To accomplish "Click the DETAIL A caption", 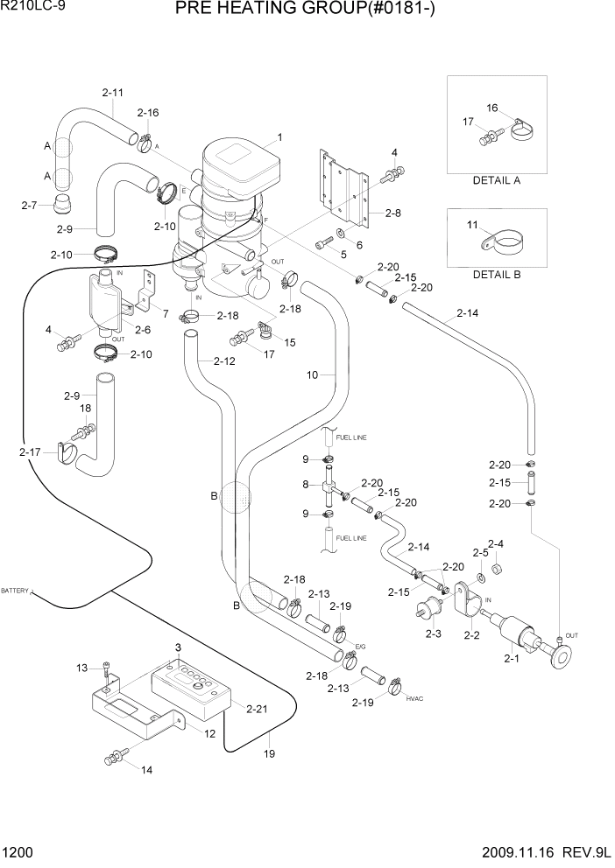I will coord(496,181).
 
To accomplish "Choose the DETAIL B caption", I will coord(496,274).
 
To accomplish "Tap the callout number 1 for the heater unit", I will coord(279,137).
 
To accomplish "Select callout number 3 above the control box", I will coord(178,647).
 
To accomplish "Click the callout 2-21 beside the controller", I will coord(258,709).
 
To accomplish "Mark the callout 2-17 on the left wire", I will coord(29,452).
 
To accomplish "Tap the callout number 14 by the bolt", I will coord(145,770).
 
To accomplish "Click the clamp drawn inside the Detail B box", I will coord(505,241).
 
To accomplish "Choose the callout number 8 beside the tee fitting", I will coord(305,485).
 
